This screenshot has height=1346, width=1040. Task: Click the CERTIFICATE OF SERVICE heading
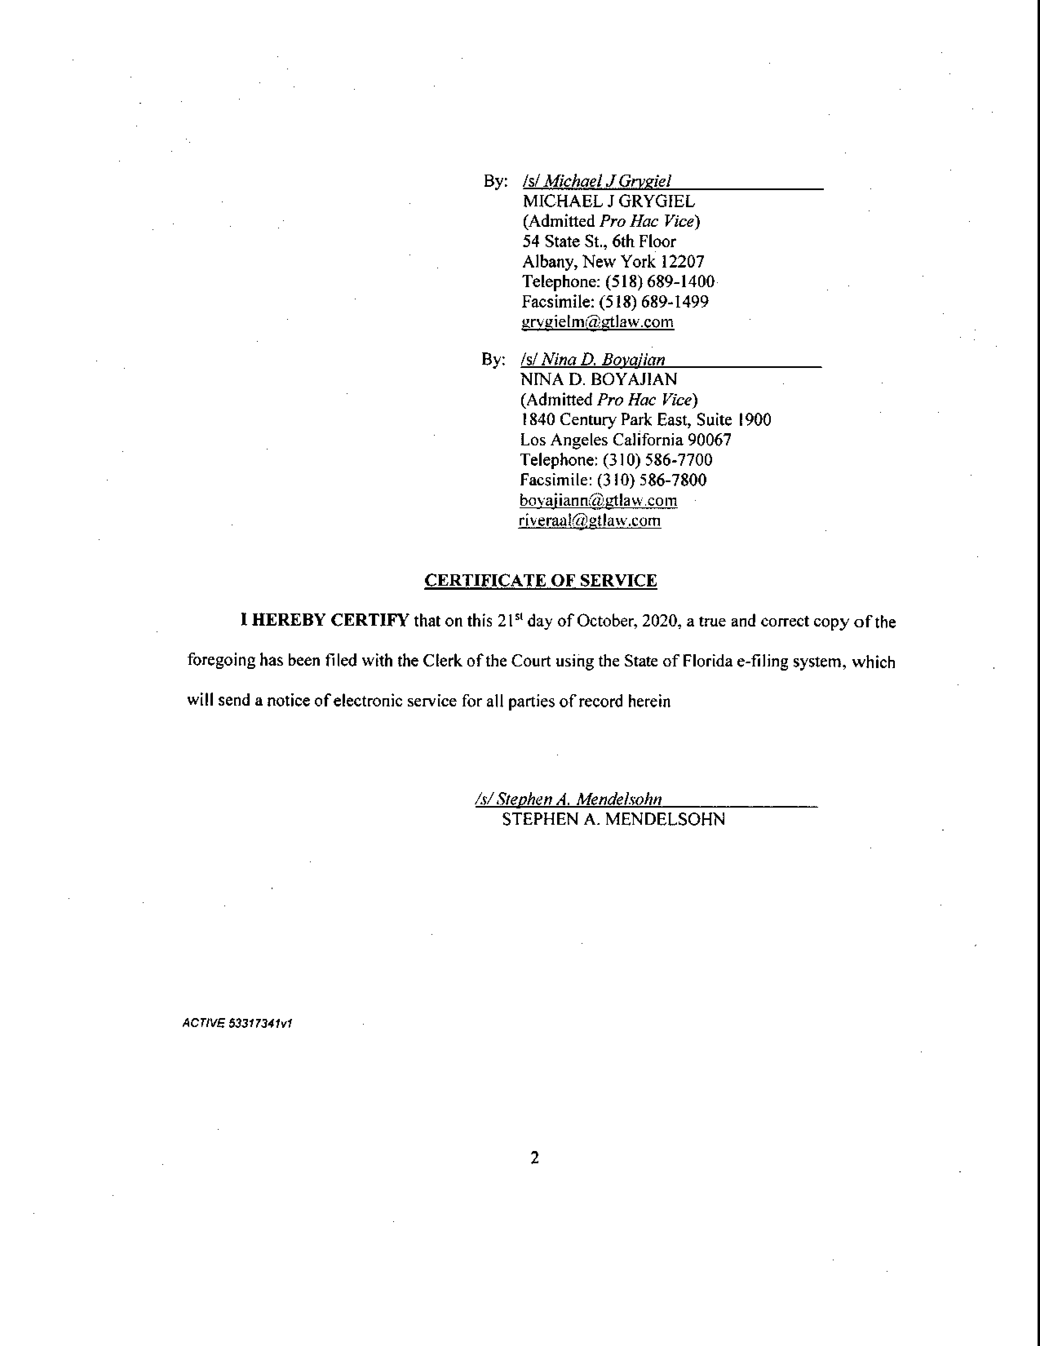(540, 580)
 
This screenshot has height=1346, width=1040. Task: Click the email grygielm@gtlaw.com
(597, 322)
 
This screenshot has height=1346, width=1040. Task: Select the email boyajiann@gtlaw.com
(598, 500)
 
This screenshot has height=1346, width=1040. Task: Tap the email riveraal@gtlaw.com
(590, 521)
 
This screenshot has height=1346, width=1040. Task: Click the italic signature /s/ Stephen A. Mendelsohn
(569, 799)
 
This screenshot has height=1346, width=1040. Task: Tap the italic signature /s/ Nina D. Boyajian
(593, 360)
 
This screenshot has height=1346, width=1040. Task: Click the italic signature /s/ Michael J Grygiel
(596, 181)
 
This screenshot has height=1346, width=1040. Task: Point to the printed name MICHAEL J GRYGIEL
(609, 201)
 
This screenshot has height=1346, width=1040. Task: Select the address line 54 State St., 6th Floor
(599, 241)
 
